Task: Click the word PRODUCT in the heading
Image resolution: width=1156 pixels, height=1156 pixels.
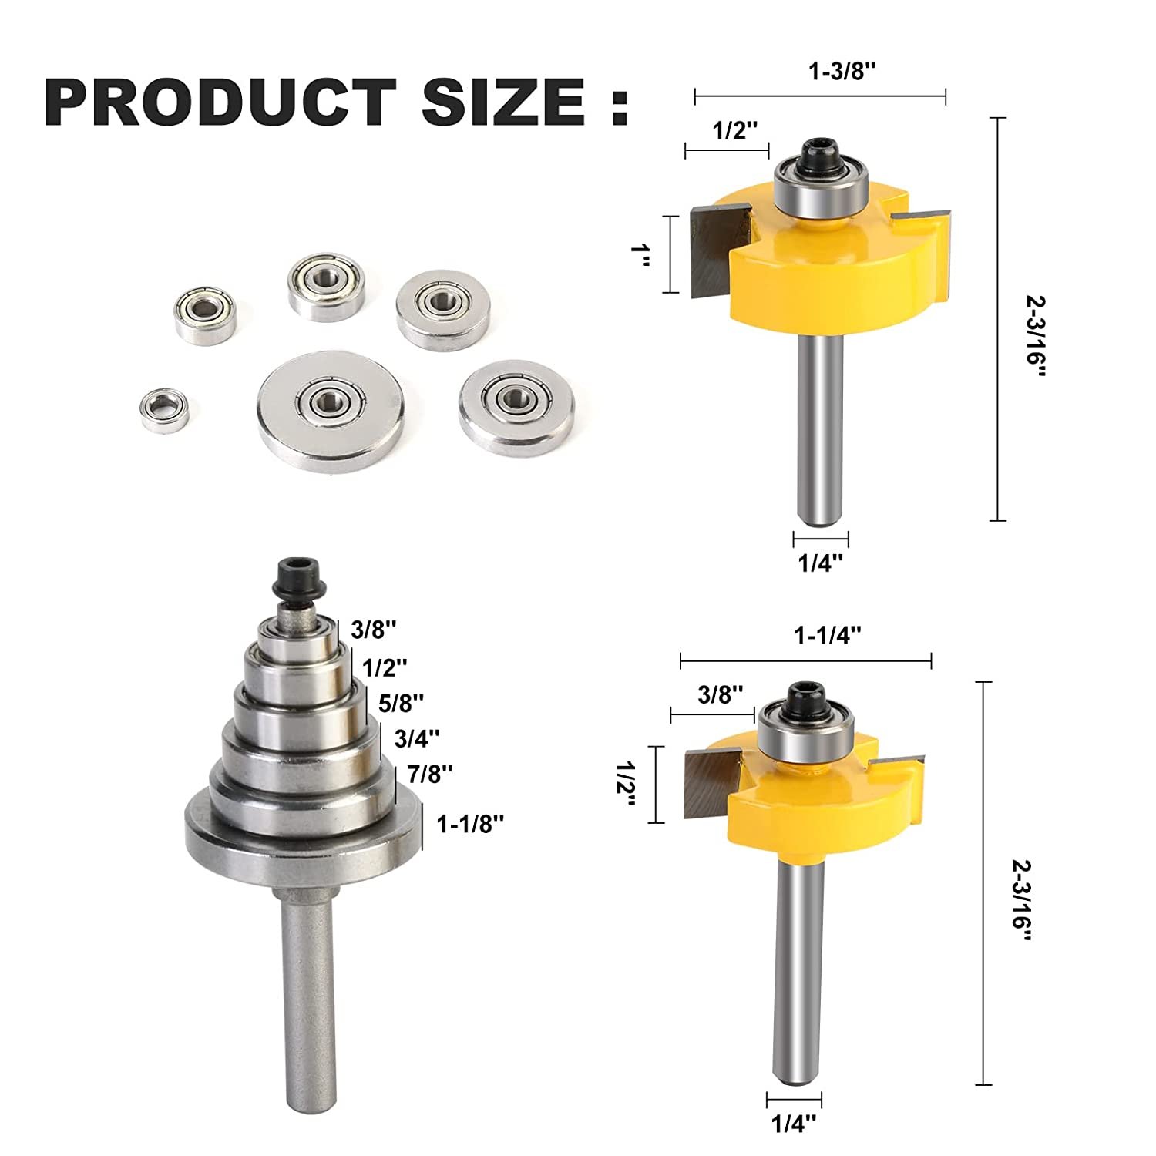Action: click(220, 102)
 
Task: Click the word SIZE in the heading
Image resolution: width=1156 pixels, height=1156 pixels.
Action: click(502, 102)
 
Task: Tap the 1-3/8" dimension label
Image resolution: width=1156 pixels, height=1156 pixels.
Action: click(842, 72)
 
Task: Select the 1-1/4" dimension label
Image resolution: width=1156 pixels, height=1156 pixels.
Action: click(827, 635)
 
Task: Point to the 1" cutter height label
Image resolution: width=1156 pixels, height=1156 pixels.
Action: click(640, 254)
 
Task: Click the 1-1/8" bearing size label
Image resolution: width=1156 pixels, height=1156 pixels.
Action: click(470, 824)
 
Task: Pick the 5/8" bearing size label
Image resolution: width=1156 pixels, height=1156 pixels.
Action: click(402, 702)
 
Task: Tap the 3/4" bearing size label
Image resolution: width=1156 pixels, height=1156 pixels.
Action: click(416, 738)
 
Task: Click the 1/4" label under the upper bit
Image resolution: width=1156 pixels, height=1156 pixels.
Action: click(821, 563)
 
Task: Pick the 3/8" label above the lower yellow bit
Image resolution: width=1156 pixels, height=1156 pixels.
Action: click(720, 694)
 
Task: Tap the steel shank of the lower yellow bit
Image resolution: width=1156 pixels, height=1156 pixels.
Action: click(798, 963)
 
